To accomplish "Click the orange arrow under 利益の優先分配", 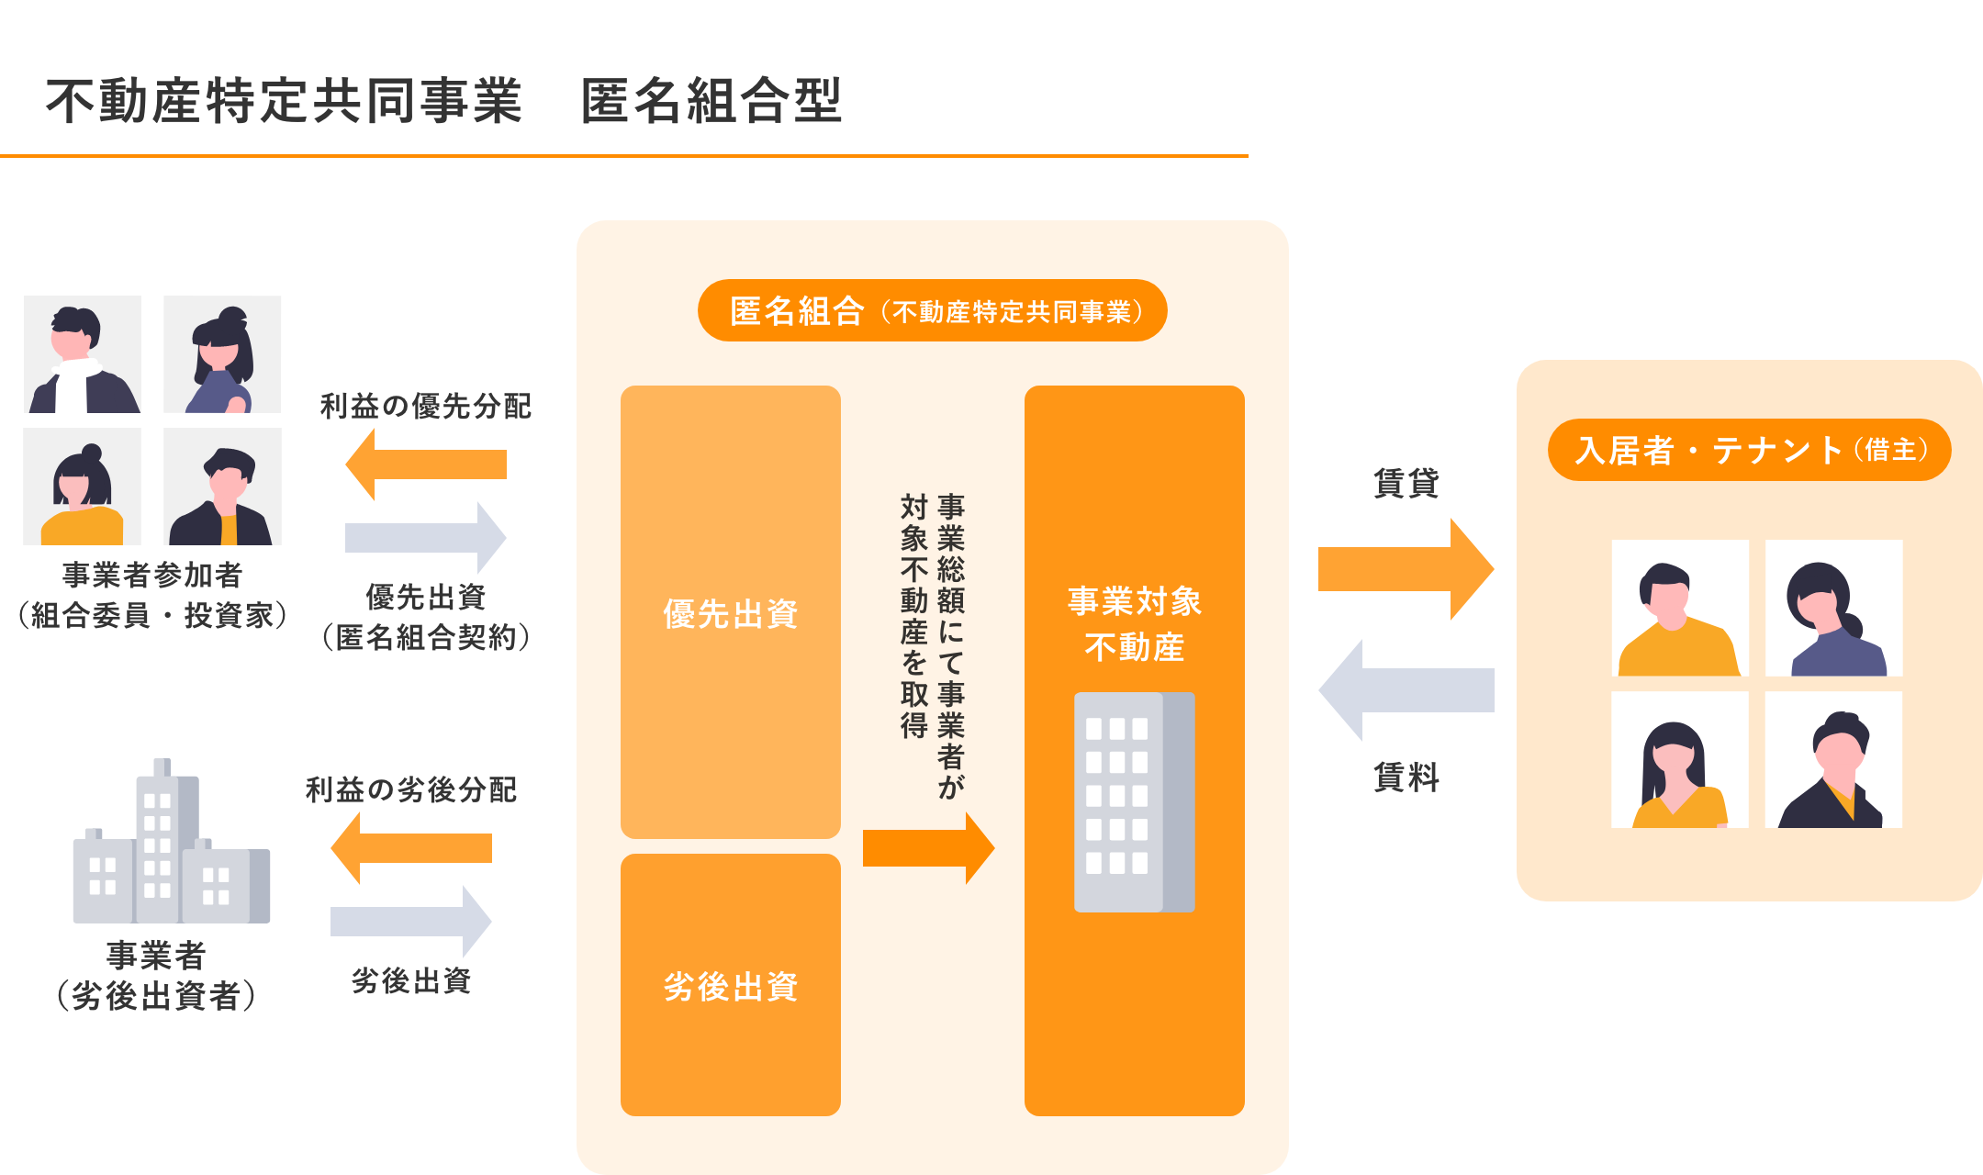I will click(x=426, y=464).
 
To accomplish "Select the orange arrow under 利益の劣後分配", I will click(x=411, y=848).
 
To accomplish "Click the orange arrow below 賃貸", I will click(x=1405, y=569).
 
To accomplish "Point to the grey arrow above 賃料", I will click(x=1406, y=690).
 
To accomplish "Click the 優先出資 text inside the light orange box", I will click(x=731, y=613).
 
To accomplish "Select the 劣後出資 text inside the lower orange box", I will click(x=731, y=987).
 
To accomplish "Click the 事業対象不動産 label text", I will click(x=1135, y=624).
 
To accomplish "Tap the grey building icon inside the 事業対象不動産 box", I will click(x=1135, y=802).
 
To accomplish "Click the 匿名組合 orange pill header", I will click(x=933, y=311).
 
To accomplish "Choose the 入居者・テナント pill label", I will click(x=1750, y=450).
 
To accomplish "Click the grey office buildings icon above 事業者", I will click(x=172, y=845).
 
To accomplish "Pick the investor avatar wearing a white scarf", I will click(x=83, y=354).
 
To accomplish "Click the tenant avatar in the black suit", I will click(x=1832, y=760).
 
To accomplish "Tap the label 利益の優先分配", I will click(x=426, y=406).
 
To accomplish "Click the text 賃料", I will click(x=1406, y=778).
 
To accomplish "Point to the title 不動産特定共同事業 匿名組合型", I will click(x=444, y=101).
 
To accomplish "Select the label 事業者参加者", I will click(x=152, y=575).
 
